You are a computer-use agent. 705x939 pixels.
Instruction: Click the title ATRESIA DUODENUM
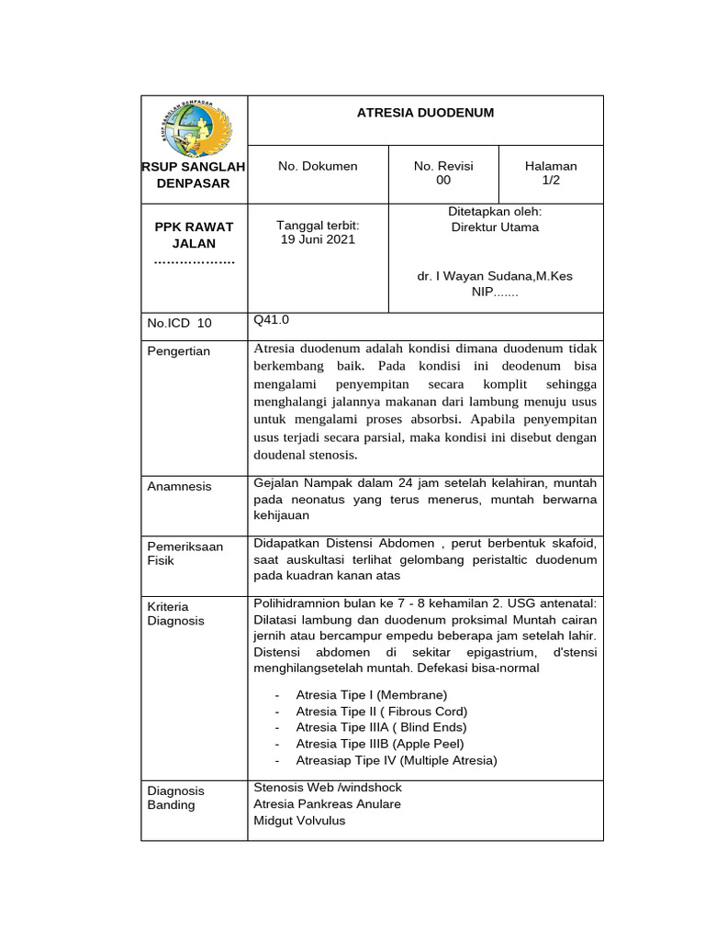coord(425,113)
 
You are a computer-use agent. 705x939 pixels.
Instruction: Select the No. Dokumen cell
coord(318,166)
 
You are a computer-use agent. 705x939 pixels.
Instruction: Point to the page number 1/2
coord(551,181)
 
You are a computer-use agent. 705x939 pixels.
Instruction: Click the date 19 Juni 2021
coord(318,240)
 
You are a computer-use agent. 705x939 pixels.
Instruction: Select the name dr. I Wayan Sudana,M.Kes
coord(495,275)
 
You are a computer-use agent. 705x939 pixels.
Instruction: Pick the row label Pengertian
coord(178,351)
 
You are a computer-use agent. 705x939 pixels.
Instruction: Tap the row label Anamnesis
coord(179,486)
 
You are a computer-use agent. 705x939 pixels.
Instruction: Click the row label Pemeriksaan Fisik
coord(185,553)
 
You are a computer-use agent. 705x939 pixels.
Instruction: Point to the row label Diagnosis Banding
coord(175,798)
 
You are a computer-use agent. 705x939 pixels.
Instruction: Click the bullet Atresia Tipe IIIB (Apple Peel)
coord(380,744)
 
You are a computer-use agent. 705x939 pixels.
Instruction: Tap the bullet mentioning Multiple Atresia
coord(396,760)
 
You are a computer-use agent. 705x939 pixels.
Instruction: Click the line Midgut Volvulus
coord(299,821)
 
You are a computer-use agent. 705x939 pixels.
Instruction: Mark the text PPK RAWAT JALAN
coord(194,235)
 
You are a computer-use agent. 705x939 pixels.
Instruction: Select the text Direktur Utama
coord(495,226)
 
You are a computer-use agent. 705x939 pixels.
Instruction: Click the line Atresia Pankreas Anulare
coord(327,804)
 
